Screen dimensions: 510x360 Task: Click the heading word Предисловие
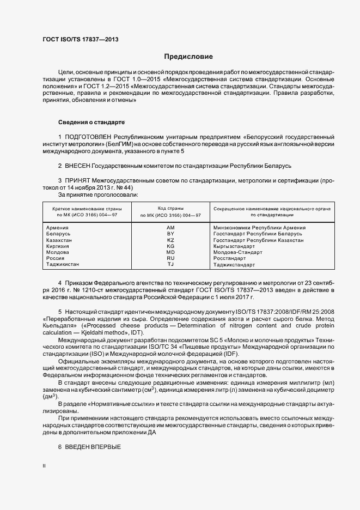pyautogui.click(x=188, y=57)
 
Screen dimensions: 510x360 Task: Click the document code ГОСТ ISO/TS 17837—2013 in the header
pyautogui.click(x=80, y=39)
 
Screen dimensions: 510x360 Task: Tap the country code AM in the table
pyautogui.click(x=170, y=228)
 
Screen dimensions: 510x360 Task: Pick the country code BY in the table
pyautogui.click(x=170, y=234)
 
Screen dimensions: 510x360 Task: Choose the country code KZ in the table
pyautogui.click(x=170, y=240)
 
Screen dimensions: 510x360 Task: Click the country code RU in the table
pyautogui.click(x=170, y=258)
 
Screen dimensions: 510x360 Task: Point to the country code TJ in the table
pyautogui.click(x=170, y=264)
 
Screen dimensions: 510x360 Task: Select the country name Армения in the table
pyautogui.click(x=58, y=228)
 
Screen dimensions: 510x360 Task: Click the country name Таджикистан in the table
pyautogui.click(x=63, y=264)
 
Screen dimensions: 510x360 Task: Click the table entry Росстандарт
pyautogui.click(x=230, y=258)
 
